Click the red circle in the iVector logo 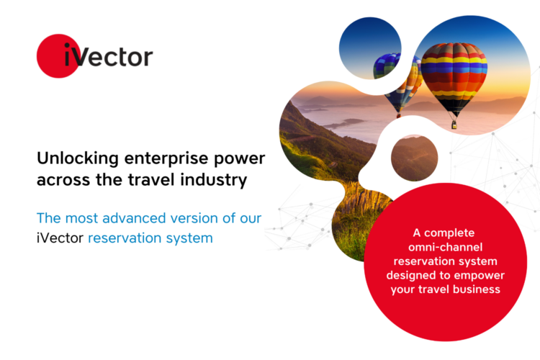coord(58,56)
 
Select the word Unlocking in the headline coord(78,159)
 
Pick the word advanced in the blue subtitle coord(135,218)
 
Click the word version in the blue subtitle coord(194,218)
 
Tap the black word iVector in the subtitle coord(60,238)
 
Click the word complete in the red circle coord(449,233)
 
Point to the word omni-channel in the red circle coord(445,247)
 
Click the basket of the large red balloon coord(454,125)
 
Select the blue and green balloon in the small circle coord(386,66)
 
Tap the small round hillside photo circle coord(414,158)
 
